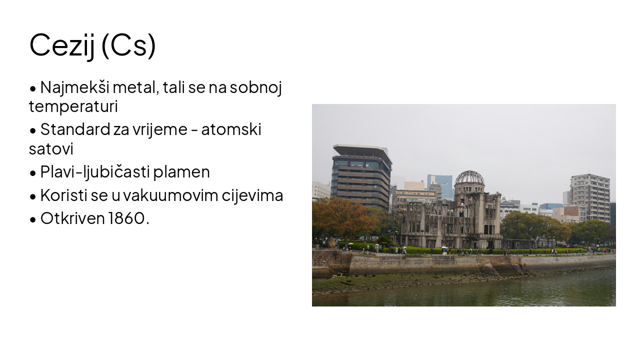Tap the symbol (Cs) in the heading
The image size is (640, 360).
pos(128,45)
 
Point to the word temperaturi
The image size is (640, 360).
pos(73,106)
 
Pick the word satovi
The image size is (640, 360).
pos(51,148)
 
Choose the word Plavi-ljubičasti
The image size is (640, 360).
pos(95,172)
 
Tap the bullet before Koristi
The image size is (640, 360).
pos(33,196)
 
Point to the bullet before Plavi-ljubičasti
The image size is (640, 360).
pos(33,173)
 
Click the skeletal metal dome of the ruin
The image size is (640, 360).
pos(469,178)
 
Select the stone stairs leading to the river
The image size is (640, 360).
pos(506,267)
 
